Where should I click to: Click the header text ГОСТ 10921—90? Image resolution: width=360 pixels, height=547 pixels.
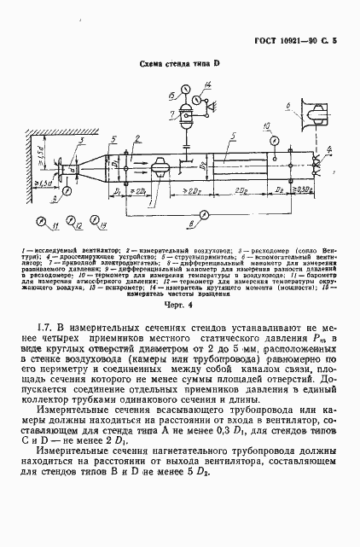(299, 41)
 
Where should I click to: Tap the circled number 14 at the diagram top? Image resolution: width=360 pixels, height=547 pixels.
(205, 90)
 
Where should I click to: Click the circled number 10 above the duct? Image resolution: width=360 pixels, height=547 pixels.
(268, 131)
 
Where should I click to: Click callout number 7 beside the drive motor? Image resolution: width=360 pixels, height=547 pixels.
(173, 115)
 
